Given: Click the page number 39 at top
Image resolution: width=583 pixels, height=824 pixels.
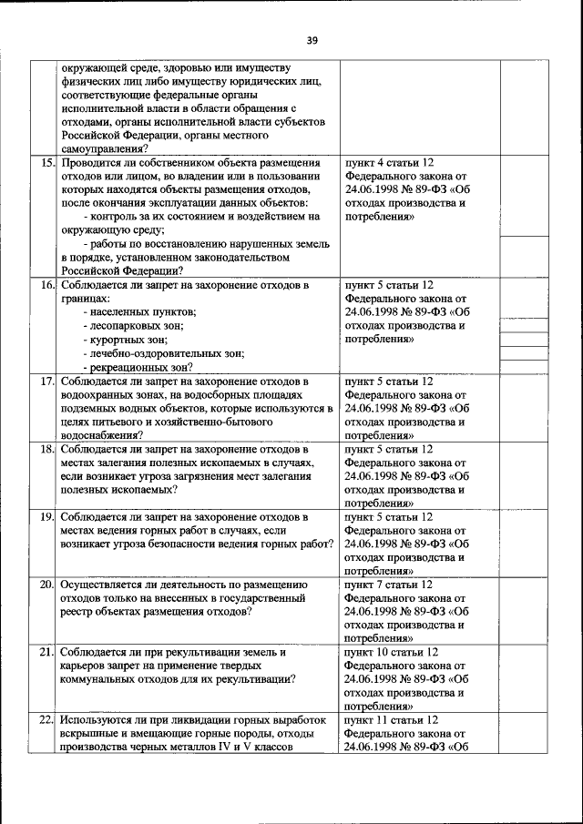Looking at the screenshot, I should point(312,40).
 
